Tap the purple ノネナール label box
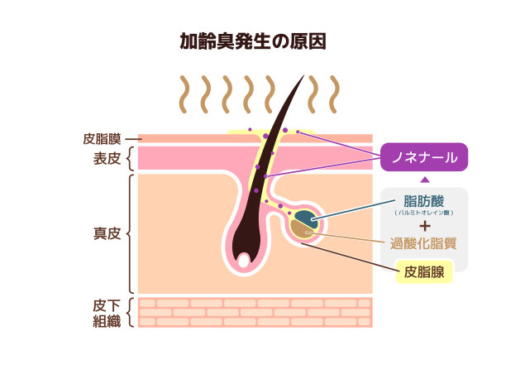pos(424,156)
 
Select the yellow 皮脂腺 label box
pos(424,271)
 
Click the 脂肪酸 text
pos(423,201)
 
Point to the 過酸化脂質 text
pos(423,244)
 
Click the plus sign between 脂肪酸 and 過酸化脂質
pos(423,225)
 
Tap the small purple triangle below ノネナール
pos(424,179)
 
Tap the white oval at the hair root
pos(243,260)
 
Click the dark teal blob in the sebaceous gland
pos(305,218)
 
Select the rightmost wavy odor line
pos(333,94)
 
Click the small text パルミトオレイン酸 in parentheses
pos(423,213)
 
